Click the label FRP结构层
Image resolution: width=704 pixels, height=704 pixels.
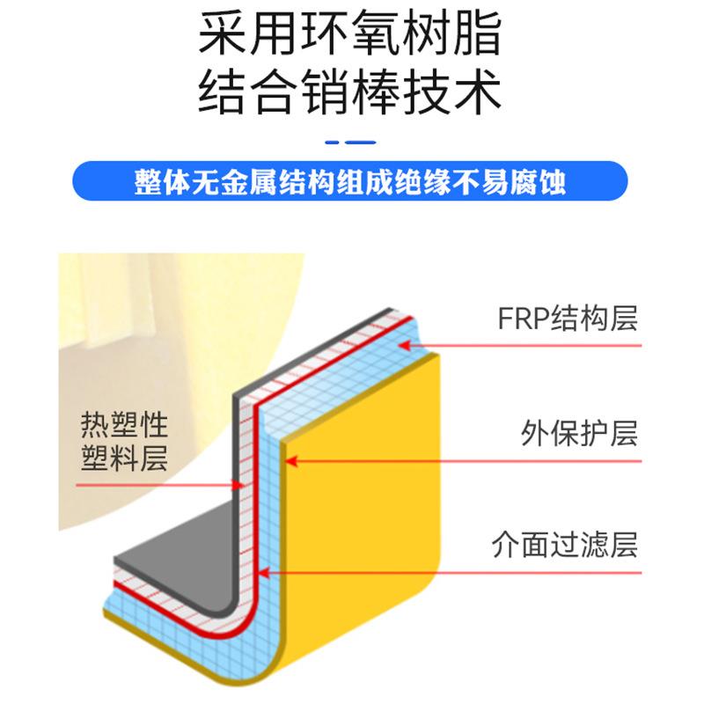coord(567,318)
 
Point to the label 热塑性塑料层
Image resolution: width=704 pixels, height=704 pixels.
coord(123,443)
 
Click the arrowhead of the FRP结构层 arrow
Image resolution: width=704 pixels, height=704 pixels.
coord(405,345)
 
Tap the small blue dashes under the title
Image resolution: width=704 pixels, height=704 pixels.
coord(350,141)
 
